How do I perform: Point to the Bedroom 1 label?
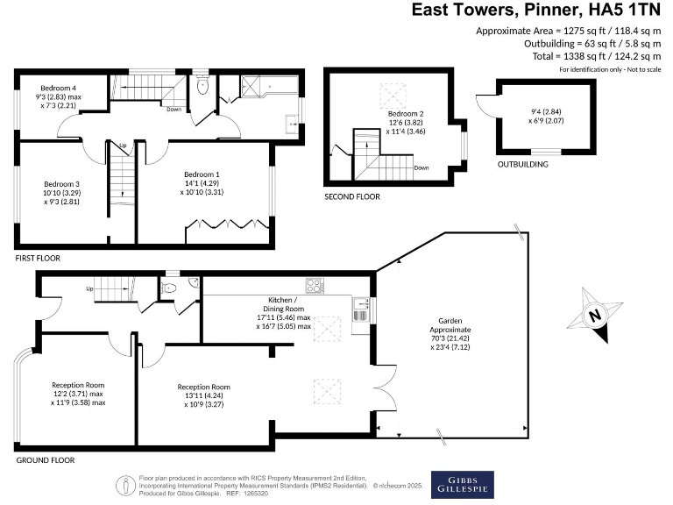click(201, 173)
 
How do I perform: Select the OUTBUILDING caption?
click(522, 164)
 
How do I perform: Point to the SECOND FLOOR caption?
click(352, 196)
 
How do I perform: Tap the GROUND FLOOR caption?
click(46, 459)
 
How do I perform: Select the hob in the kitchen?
click(315, 286)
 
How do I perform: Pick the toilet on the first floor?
click(202, 87)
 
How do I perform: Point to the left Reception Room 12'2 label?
click(78, 385)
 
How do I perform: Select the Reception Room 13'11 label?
click(203, 387)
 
